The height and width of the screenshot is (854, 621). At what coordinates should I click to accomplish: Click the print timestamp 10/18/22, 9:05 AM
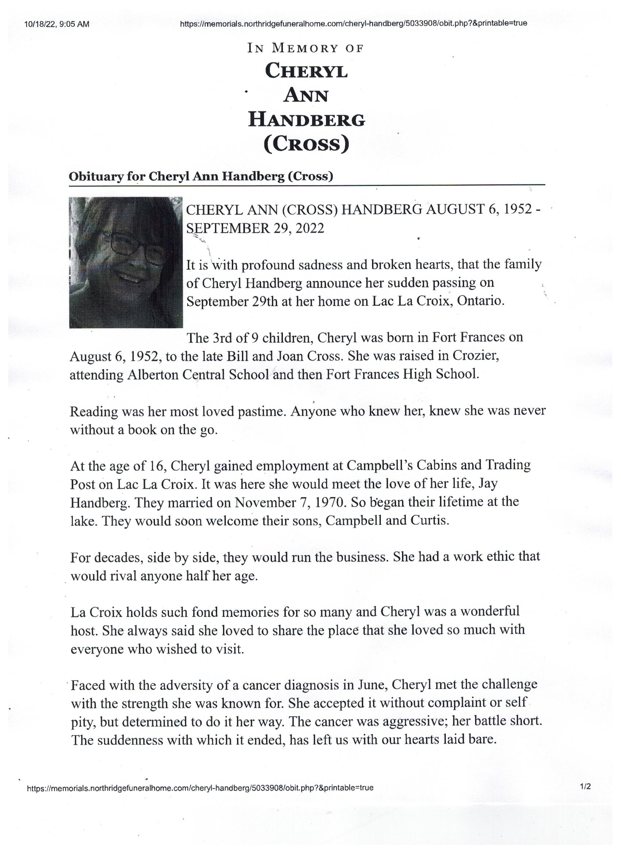[x=57, y=24]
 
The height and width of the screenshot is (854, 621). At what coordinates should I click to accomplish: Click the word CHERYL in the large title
[x=306, y=71]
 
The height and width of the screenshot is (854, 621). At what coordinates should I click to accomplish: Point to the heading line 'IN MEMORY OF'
[x=305, y=49]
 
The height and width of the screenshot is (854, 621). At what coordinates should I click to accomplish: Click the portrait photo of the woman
[x=126, y=263]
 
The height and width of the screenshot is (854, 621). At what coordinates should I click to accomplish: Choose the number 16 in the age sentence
[x=159, y=466]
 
